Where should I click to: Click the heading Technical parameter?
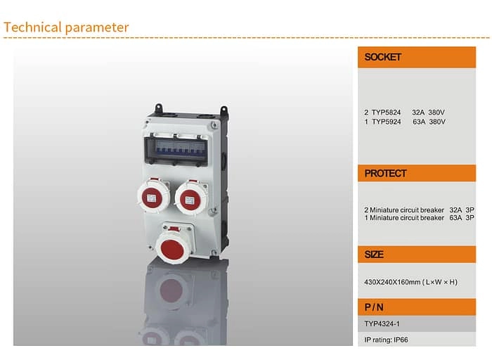(66, 27)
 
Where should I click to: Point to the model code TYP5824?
(386, 112)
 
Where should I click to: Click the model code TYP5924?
(386, 122)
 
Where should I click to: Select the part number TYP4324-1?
(382, 324)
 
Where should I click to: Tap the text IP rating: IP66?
(386, 340)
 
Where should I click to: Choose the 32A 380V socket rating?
(429, 112)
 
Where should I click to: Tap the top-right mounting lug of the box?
(224, 111)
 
